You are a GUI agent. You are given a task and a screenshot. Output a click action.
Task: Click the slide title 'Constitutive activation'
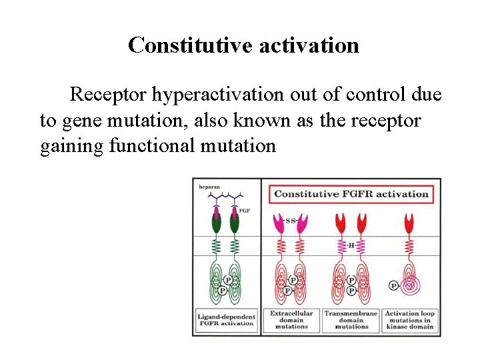click(x=243, y=45)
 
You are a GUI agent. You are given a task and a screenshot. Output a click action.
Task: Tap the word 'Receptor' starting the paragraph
click(x=109, y=95)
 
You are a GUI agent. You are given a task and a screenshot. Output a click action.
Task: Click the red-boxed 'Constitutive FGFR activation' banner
click(x=351, y=194)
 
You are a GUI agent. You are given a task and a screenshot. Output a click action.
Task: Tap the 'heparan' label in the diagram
click(x=210, y=187)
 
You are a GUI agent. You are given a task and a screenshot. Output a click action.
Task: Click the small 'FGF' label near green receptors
click(x=244, y=210)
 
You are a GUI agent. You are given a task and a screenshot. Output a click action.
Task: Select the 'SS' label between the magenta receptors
click(x=290, y=220)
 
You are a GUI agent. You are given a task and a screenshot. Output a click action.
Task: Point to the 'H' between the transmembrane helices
click(x=351, y=245)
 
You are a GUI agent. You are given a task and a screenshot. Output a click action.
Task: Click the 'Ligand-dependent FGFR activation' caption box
click(x=226, y=319)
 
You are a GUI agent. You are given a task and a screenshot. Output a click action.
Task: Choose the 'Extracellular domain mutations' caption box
click(x=291, y=319)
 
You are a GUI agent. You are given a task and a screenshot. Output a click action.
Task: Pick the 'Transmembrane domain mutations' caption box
click(x=351, y=319)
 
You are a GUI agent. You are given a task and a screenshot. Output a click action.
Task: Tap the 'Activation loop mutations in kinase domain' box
click(x=408, y=319)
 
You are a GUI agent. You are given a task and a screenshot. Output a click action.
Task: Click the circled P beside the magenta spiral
click(x=393, y=285)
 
